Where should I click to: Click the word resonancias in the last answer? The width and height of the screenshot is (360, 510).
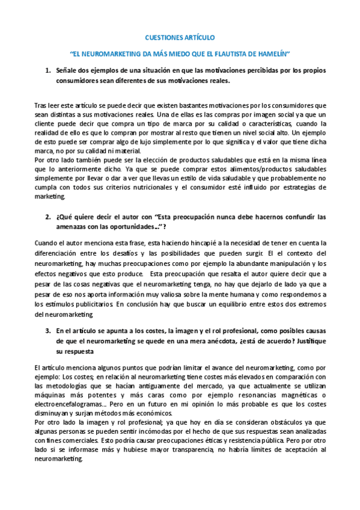tap(243, 395)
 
